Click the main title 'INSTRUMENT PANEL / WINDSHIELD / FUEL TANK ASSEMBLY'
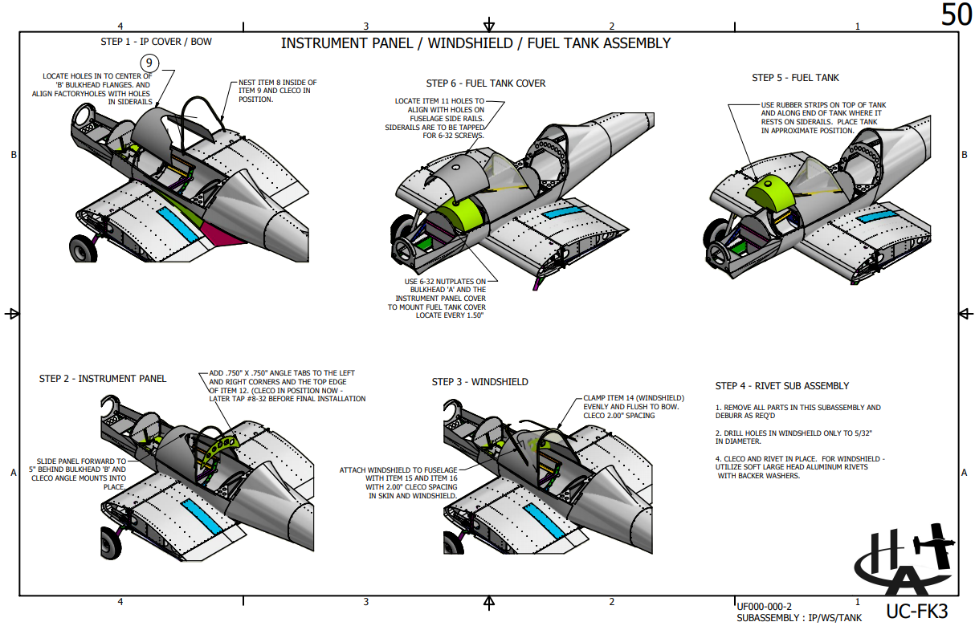(475, 43)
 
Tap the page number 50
(956, 15)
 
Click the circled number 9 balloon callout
(150, 63)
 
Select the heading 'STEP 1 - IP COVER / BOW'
(156, 41)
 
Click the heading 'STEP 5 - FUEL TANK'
(795, 78)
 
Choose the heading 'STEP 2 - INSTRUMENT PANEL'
(103, 378)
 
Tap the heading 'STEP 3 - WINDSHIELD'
(479, 382)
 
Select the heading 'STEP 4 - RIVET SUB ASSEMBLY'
(781, 386)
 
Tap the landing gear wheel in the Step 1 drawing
(84, 250)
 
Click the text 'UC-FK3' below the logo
(916, 610)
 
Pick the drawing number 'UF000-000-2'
(764, 606)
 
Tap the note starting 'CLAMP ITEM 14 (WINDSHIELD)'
(634, 407)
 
